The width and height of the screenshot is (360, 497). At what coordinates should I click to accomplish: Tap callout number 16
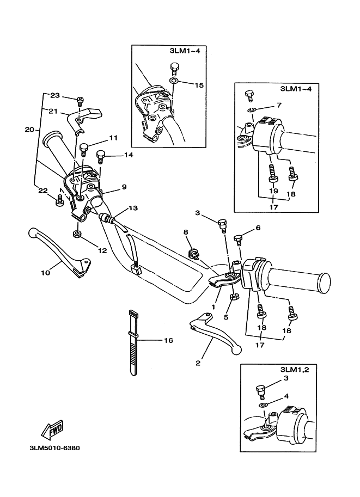(168, 340)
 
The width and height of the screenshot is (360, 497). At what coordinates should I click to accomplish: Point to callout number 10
(44, 271)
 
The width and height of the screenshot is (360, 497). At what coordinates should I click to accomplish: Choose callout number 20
(29, 130)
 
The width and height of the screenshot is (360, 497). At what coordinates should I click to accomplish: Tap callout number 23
(54, 95)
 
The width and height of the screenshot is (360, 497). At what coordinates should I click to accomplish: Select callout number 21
(53, 111)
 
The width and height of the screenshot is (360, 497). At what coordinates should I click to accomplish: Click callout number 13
(133, 208)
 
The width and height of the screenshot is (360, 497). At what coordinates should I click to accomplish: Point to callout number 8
(186, 232)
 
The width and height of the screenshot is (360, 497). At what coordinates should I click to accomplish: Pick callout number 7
(279, 105)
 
